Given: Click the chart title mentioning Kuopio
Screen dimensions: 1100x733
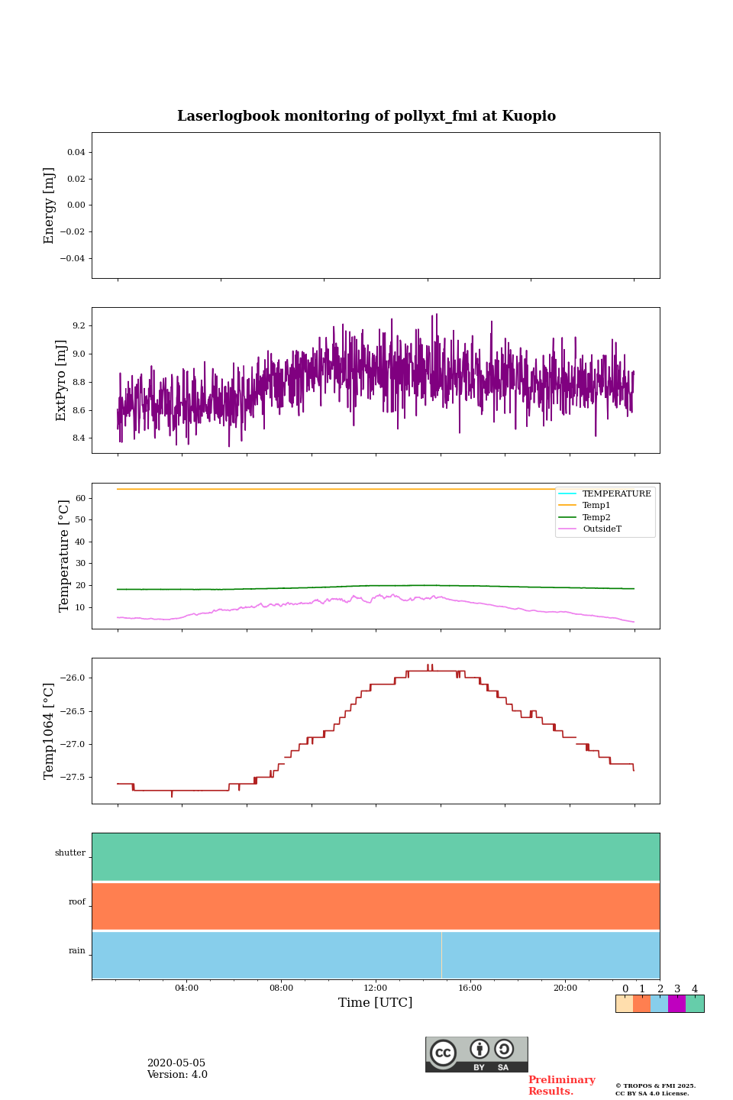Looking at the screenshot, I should coord(366,116).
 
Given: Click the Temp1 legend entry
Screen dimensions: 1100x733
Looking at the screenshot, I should coord(596,506).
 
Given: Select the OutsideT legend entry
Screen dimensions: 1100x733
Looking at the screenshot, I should coord(602,529).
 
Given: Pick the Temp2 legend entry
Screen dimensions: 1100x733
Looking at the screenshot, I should coord(596,517).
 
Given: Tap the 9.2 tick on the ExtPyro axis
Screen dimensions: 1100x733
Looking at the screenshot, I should coord(79,326).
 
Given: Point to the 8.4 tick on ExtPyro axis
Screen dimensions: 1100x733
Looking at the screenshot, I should coord(79,438).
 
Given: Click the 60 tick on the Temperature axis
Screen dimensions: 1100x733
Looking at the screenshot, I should coord(81,498).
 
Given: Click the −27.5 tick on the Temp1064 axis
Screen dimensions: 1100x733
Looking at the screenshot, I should coord(72,778).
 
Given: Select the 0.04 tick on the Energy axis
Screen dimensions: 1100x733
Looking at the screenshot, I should coord(76,153).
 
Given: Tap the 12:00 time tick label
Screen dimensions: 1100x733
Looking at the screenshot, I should coord(376,988).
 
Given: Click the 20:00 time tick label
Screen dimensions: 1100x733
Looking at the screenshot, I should coord(565,988).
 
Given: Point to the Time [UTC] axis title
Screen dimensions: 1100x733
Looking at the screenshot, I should coord(376,1003).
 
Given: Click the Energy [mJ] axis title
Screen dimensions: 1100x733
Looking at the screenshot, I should coord(50,205).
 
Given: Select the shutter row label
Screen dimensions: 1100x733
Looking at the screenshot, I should coord(70,853).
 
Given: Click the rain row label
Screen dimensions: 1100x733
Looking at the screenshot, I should coord(77,951).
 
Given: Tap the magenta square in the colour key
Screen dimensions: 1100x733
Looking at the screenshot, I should coord(676,1004).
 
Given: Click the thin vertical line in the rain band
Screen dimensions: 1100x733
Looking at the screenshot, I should coord(441,955).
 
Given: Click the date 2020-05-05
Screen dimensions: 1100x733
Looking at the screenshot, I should coord(176,1063).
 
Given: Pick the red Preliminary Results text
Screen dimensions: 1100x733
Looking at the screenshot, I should coord(561,1085).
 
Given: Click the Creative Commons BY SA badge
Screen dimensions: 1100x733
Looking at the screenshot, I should coord(476,1054).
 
